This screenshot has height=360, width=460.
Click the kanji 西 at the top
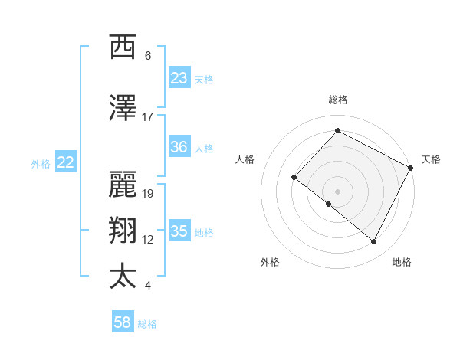click(x=123, y=47)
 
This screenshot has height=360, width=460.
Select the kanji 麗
click(x=123, y=184)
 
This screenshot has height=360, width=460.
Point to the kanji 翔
click(x=123, y=231)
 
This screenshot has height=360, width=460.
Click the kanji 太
click(x=123, y=277)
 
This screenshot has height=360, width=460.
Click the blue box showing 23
click(x=179, y=78)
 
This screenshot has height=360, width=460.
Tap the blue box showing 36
click(x=179, y=148)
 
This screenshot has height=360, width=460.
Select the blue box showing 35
click(x=179, y=231)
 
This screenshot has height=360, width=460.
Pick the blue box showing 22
click(x=66, y=162)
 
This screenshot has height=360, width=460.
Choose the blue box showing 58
click(x=123, y=323)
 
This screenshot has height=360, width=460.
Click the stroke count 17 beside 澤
click(x=148, y=117)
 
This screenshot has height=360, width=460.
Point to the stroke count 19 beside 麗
click(x=148, y=193)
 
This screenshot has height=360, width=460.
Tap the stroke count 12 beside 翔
click(x=148, y=240)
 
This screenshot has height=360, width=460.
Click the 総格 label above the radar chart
click(x=337, y=100)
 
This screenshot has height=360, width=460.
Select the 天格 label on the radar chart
click(x=431, y=159)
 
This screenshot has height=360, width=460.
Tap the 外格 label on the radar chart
click(x=270, y=262)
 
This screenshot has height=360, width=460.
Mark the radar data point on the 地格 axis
click(x=374, y=242)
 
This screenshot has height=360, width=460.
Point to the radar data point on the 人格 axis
click(x=294, y=177)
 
